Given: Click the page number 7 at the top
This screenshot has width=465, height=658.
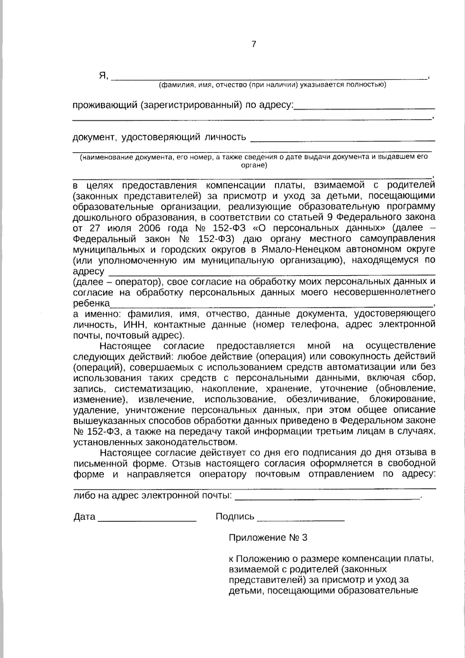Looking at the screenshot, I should click(x=254, y=44).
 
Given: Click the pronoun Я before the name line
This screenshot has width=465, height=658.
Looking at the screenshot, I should click(x=103, y=76).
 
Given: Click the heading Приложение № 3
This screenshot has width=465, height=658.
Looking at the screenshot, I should click(x=268, y=538).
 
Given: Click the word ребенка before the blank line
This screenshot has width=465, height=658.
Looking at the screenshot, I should click(x=91, y=302).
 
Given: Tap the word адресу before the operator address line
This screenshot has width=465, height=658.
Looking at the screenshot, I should click(x=89, y=271).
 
